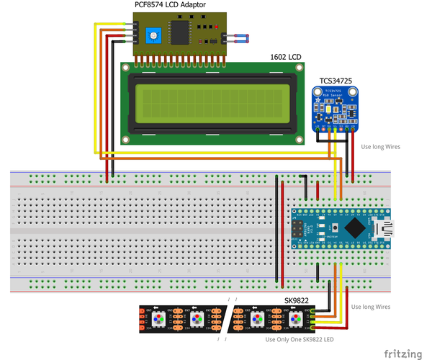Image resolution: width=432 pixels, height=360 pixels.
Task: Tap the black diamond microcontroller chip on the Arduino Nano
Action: tap(355, 229)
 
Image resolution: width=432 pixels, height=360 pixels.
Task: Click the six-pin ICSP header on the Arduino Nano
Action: tap(297, 229)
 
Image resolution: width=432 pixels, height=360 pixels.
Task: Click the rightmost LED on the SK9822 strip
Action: tap(296, 318)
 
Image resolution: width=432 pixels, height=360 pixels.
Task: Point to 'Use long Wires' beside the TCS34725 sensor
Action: tap(380, 147)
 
